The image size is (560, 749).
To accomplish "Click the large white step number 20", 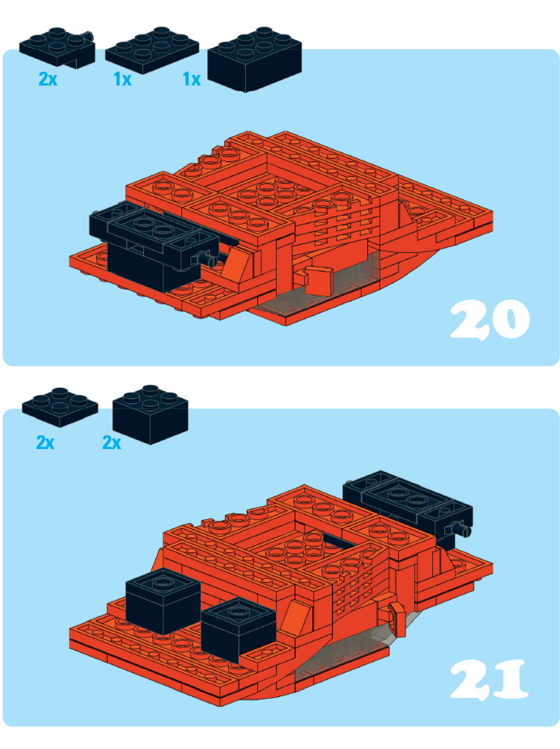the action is click(490, 319).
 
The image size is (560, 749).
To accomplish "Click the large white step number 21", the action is click(489, 679).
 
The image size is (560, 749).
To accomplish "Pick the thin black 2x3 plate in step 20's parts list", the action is click(152, 50).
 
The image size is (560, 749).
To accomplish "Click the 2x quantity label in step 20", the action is click(48, 79).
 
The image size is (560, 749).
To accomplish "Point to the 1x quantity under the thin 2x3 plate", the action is click(123, 79).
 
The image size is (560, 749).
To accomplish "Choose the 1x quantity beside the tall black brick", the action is click(192, 79).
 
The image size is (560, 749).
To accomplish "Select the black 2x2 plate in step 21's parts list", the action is click(60, 407).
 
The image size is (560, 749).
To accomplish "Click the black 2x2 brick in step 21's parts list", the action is click(151, 414).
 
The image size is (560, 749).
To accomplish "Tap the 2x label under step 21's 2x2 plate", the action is click(45, 443).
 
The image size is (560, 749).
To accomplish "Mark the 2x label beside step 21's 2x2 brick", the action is click(112, 443).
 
